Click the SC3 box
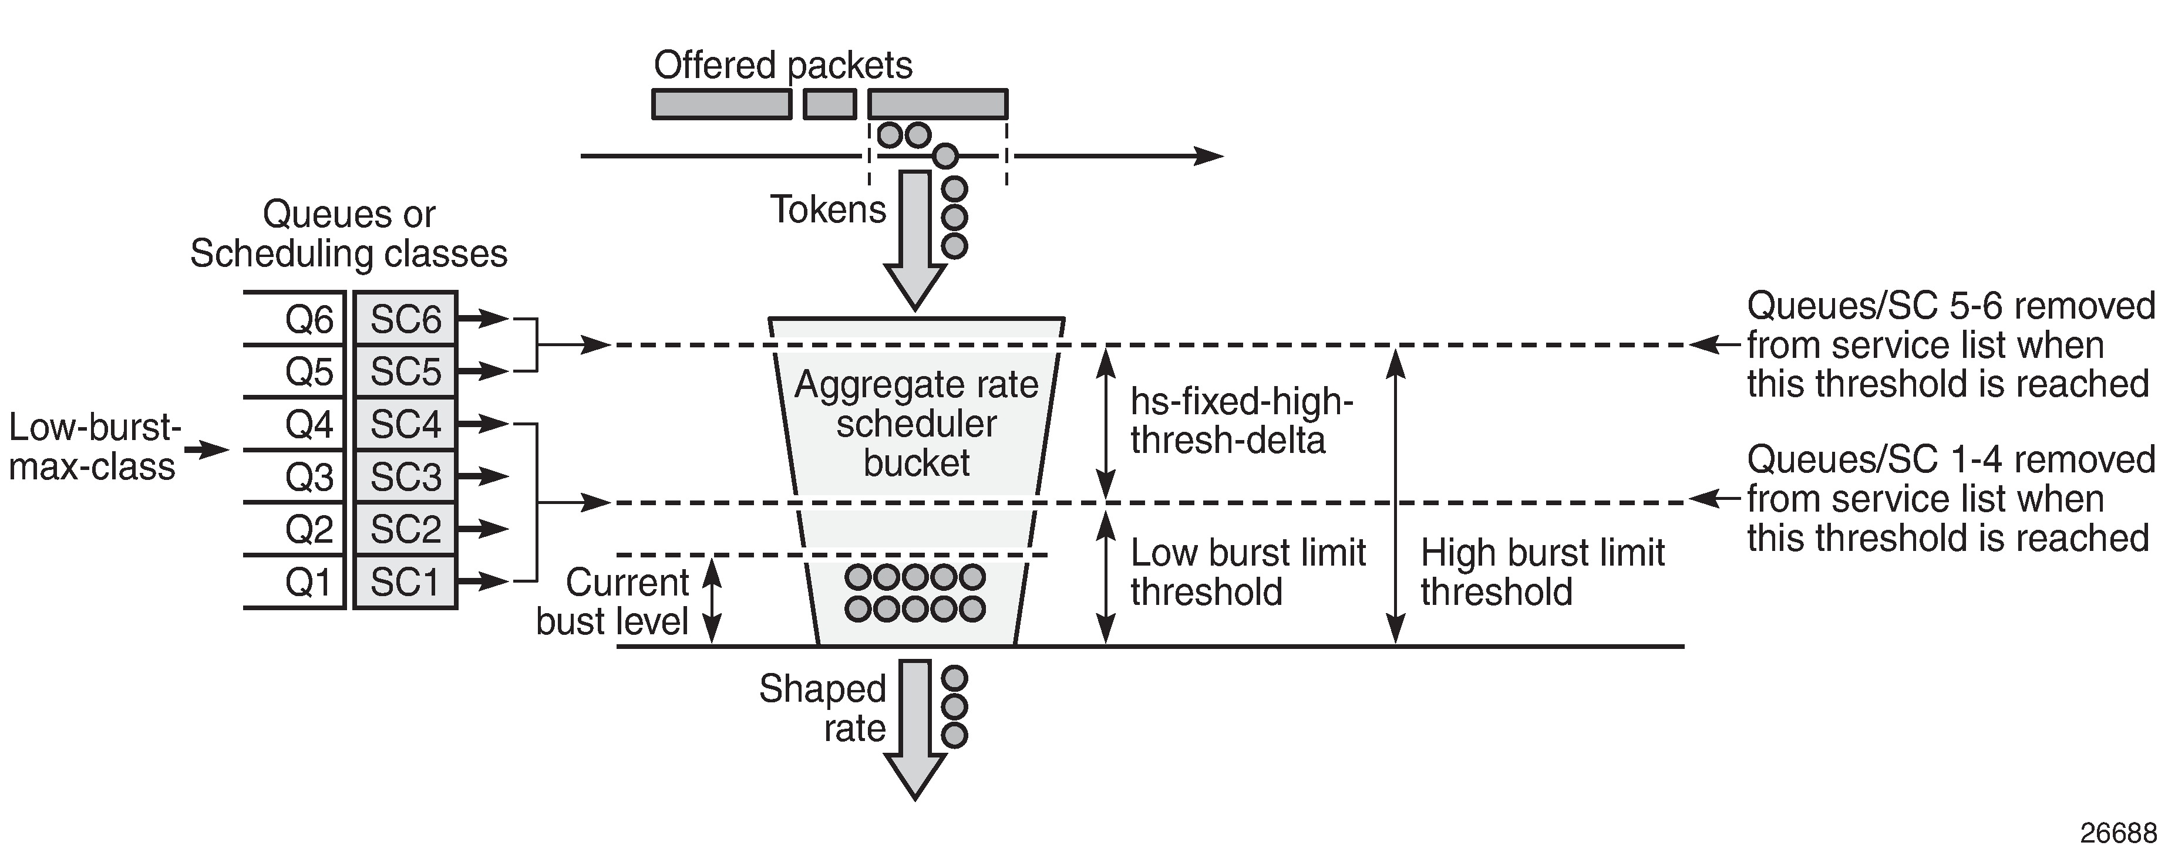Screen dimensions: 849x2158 [405, 477]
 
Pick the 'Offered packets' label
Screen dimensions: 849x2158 [782, 65]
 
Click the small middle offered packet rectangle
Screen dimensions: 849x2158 [829, 104]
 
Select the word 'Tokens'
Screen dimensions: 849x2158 [828, 209]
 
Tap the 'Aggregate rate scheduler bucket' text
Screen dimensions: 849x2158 [917, 424]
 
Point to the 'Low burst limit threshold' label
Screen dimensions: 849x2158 [1247, 572]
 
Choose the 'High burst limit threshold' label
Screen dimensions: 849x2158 [1541, 572]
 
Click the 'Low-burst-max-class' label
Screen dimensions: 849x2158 [94, 447]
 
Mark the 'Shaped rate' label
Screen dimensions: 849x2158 [823, 708]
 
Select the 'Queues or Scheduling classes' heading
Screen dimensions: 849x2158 [348, 234]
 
